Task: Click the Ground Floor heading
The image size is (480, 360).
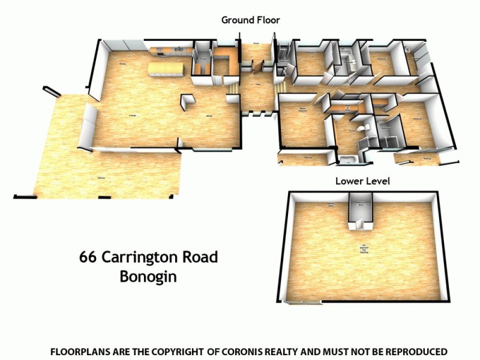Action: pos(250,20)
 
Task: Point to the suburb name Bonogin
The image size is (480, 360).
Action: pos(148,278)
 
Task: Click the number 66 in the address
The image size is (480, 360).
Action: pos(88,258)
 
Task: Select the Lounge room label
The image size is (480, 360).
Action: pos(132,116)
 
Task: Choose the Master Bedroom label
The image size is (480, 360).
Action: pos(303,110)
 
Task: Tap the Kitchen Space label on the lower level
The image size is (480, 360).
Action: pos(330,205)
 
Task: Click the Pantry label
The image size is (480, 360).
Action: pos(203,60)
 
